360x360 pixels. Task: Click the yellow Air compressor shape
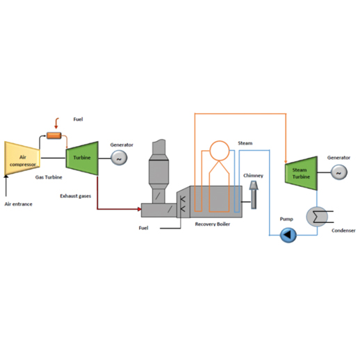coord(22,158)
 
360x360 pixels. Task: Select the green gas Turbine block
coord(82,158)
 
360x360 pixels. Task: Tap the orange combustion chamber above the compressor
coord(54,136)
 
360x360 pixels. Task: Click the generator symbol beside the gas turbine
coord(119,158)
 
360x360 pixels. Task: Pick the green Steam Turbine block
coord(301,173)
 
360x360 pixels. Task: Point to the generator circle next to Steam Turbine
coord(339,172)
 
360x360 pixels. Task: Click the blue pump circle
coord(288,235)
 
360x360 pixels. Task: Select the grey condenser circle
coord(317,217)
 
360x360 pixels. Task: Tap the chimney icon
coord(254,195)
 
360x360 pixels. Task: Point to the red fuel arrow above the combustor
coord(56,123)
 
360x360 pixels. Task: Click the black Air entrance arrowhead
coord(6,177)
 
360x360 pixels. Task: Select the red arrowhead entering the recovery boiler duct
coord(140,209)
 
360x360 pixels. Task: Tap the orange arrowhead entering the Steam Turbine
coord(286,161)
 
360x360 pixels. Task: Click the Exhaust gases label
coord(76,196)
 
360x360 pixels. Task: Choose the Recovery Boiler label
coord(213,224)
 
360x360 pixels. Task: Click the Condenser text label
coord(343,231)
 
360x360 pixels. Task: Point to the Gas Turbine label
coord(49,177)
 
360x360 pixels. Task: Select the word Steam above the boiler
coord(245,143)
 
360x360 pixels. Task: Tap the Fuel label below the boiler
coord(143,228)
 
